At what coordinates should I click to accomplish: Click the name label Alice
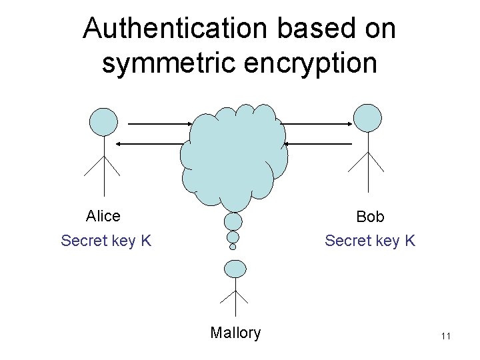pos(103,216)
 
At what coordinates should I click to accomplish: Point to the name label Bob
pos(370,217)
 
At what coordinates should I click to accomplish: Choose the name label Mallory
pos(235,333)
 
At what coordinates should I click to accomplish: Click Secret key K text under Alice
pos(106,240)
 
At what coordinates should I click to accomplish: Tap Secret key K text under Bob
pos(370,240)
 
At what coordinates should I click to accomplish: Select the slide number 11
pos(445,337)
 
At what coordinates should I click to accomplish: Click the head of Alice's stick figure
pos(103,121)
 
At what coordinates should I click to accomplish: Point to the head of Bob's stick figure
pos(367,118)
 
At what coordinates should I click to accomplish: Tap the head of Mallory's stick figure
pos(234,269)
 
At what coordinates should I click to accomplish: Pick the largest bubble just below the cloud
pos(233,221)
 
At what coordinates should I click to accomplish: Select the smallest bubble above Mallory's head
pos(233,247)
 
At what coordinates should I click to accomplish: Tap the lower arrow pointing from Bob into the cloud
pos(317,143)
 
